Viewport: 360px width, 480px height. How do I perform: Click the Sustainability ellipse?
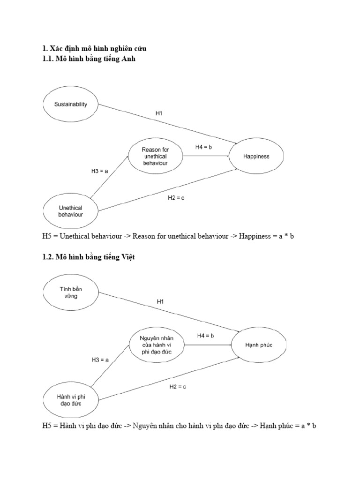[71, 104]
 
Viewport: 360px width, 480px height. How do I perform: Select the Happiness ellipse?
[256, 156]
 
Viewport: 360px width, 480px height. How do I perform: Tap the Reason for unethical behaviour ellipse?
[155, 156]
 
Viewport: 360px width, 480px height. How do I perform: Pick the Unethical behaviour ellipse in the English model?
[70, 211]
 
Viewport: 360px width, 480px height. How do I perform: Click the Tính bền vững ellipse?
[71, 292]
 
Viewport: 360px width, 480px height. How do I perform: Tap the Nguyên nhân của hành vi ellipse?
[156, 345]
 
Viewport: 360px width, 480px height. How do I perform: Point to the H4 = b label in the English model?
[204, 147]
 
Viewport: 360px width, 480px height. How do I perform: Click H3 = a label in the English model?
[99, 172]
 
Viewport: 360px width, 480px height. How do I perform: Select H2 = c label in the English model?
[176, 198]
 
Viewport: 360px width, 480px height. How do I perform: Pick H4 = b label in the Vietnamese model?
[205, 336]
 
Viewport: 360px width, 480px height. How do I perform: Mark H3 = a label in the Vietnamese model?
[100, 360]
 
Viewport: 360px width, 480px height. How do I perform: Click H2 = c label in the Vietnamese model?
[178, 386]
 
